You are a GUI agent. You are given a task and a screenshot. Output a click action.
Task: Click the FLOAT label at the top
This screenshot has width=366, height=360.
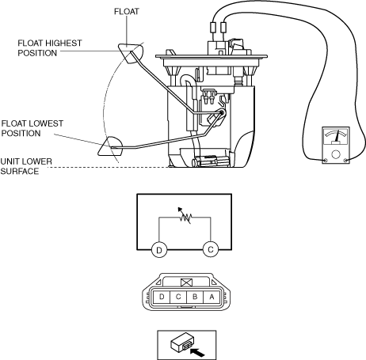tap(127, 12)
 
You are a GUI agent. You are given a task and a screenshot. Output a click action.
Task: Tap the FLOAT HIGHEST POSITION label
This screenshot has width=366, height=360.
tap(50, 48)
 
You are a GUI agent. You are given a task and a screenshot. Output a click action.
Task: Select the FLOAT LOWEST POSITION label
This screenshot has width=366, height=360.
tap(32, 128)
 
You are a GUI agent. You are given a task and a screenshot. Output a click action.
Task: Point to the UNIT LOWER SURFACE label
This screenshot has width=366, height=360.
tap(26, 166)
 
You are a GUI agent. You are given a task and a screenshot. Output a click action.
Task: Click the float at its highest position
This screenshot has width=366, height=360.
tap(131, 53)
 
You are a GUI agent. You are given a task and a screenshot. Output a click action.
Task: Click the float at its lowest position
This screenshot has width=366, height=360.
tap(111, 146)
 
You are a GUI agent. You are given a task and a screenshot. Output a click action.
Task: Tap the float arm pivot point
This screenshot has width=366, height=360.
tap(222, 113)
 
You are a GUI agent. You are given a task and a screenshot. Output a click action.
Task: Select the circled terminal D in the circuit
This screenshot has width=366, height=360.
tap(159, 249)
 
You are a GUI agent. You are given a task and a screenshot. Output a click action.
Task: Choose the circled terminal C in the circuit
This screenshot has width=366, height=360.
tap(211, 249)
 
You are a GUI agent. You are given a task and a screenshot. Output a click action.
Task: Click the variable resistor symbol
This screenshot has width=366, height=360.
tap(185, 216)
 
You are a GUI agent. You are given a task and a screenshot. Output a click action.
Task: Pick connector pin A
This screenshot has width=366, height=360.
tap(212, 297)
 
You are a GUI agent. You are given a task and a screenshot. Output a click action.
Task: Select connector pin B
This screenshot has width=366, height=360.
tap(195, 297)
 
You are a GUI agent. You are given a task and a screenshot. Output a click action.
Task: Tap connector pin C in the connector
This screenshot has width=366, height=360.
tap(178, 297)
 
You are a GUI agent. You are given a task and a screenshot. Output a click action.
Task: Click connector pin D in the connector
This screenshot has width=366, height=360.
tap(162, 297)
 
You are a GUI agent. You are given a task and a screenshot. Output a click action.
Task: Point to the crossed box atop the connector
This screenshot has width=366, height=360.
tap(187, 282)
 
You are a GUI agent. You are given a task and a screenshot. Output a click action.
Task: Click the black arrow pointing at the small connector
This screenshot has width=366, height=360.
tap(197, 352)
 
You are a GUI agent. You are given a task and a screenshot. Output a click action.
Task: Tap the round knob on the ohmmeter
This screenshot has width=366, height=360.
tap(336, 154)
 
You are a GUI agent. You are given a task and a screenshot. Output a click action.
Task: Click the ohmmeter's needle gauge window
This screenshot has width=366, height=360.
tap(336, 137)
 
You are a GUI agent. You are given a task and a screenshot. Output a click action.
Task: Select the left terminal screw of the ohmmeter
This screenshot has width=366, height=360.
tap(326, 161)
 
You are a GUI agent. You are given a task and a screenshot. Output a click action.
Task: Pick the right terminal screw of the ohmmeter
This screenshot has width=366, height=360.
tap(345, 161)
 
